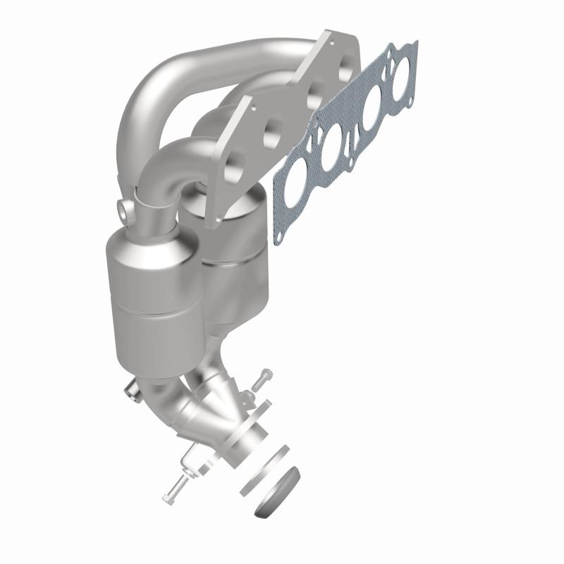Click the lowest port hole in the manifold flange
tap(235, 161)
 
